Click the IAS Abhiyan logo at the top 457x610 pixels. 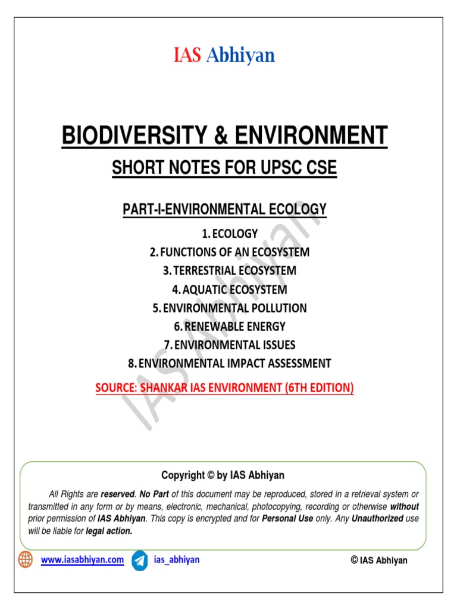point(224,55)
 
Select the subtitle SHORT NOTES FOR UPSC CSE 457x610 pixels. point(224,169)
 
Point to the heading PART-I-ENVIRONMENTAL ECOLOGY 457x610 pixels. point(224,209)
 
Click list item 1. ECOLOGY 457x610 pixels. point(229,234)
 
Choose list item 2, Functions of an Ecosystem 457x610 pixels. point(229,252)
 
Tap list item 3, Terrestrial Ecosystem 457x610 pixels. point(229,270)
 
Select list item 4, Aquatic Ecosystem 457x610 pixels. point(229,290)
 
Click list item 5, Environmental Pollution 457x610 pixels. point(229,308)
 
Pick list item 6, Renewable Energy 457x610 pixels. point(229,326)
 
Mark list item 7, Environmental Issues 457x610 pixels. point(229,344)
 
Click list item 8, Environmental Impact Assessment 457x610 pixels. point(229,363)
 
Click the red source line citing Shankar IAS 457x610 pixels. point(224,388)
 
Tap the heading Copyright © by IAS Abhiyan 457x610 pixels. point(223,475)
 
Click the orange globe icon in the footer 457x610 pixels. point(26,560)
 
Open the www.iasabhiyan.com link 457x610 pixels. point(82,560)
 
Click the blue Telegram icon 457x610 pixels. point(140,561)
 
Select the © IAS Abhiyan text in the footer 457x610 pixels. point(379,561)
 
